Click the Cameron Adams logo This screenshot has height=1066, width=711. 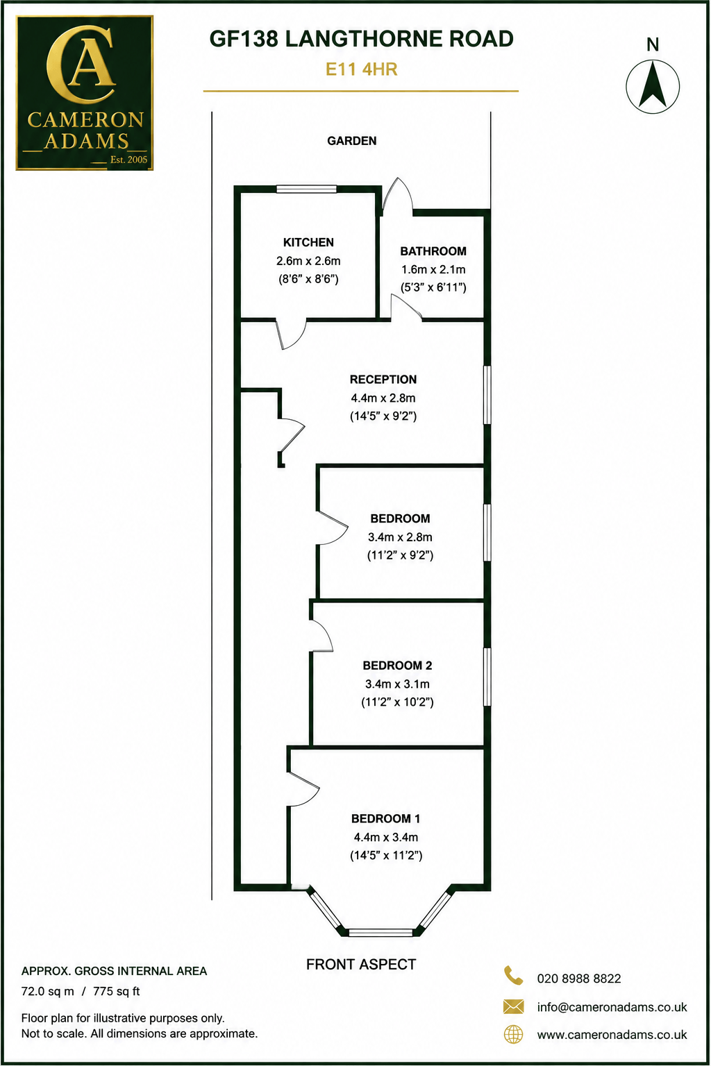pyautogui.click(x=84, y=93)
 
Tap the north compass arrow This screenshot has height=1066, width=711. pyautogui.click(x=653, y=85)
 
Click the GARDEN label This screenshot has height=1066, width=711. pyautogui.click(x=351, y=141)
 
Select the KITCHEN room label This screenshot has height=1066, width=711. pyautogui.click(x=308, y=242)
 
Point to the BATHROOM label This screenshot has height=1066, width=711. pyautogui.click(x=433, y=251)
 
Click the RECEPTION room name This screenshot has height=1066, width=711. pyautogui.click(x=383, y=380)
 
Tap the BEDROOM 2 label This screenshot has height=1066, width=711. pyautogui.click(x=397, y=666)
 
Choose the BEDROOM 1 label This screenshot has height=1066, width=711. pyautogui.click(x=386, y=818)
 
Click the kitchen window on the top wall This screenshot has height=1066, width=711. pyautogui.click(x=307, y=189)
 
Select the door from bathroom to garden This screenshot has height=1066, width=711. pyautogui.click(x=397, y=195)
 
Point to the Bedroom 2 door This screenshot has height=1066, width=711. pyautogui.click(x=321, y=635)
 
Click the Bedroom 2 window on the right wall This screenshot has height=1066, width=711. pyautogui.click(x=487, y=677)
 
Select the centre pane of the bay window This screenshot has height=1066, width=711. pyautogui.click(x=381, y=932)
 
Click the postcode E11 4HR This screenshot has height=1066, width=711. pyautogui.click(x=362, y=69)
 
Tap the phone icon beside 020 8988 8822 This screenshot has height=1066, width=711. pyautogui.click(x=513, y=976)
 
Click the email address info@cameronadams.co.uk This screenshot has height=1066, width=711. pyautogui.click(x=612, y=1007)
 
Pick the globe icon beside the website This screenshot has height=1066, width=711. pyautogui.click(x=513, y=1035)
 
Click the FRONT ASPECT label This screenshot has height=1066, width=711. pyautogui.click(x=361, y=965)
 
